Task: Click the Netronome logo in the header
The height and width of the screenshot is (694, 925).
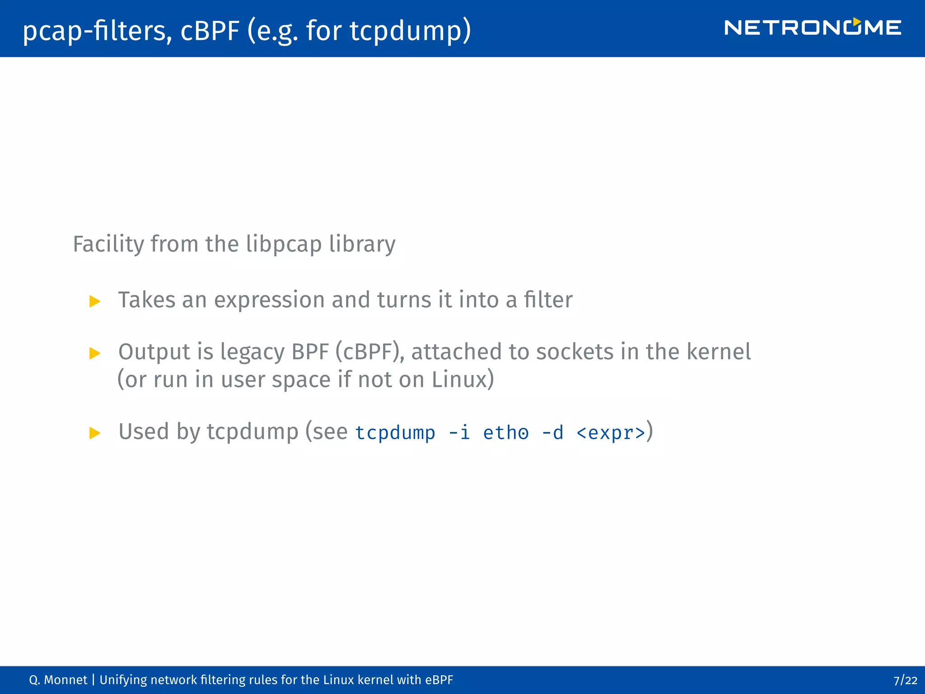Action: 812,28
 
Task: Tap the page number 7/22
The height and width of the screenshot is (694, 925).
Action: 905,680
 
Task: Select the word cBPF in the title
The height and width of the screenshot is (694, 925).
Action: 210,31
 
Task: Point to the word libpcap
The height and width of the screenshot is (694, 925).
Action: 284,244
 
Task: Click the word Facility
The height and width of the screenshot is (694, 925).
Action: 108,244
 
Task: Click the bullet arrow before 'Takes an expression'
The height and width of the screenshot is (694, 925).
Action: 95,301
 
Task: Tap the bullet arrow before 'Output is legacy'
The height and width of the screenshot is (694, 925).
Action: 95,353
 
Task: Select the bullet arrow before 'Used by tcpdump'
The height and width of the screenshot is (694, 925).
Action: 95,433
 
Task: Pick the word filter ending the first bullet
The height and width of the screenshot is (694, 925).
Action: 548,300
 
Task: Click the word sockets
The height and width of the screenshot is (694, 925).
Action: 575,352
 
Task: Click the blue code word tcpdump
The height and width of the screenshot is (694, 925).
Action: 395,433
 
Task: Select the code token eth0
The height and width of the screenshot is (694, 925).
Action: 505,433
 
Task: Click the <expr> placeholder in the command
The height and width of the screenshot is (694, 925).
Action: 611,433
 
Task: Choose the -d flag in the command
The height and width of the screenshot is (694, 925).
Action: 552,433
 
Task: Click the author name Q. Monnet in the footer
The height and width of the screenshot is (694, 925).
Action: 58,680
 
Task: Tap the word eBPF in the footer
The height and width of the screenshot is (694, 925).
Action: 439,680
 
